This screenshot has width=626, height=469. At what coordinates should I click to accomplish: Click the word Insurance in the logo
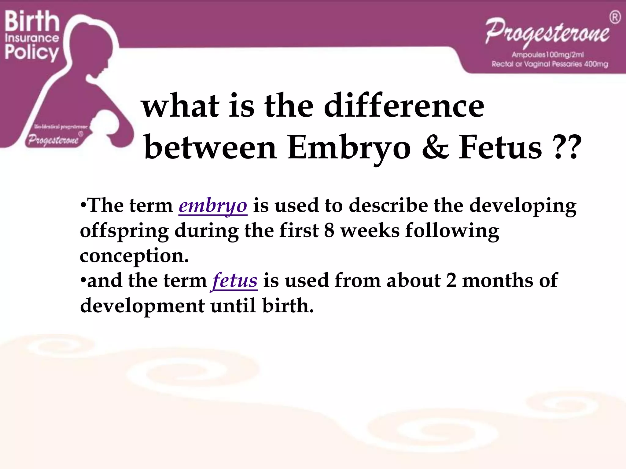click(x=32, y=38)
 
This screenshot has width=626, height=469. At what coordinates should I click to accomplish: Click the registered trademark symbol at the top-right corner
click(x=615, y=17)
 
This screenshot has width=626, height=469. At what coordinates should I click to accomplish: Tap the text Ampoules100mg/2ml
click(x=548, y=55)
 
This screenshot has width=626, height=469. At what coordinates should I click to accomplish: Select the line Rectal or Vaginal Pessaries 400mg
click(x=550, y=64)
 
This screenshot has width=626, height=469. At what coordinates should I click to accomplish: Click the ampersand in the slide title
click(x=435, y=148)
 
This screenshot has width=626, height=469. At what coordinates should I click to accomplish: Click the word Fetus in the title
click(x=500, y=148)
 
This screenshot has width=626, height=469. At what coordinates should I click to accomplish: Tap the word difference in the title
click(x=404, y=106)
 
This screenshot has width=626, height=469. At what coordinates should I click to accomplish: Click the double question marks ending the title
click(x=566, y=148)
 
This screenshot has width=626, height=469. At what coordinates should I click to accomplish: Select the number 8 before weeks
click(x=329, y=231)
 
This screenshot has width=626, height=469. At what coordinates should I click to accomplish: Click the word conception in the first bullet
click(x=134, y=256)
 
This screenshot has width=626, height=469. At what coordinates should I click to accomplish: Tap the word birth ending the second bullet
click(x=288, y=306)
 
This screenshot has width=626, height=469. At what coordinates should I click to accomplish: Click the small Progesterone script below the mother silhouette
click(x=53, y=140)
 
